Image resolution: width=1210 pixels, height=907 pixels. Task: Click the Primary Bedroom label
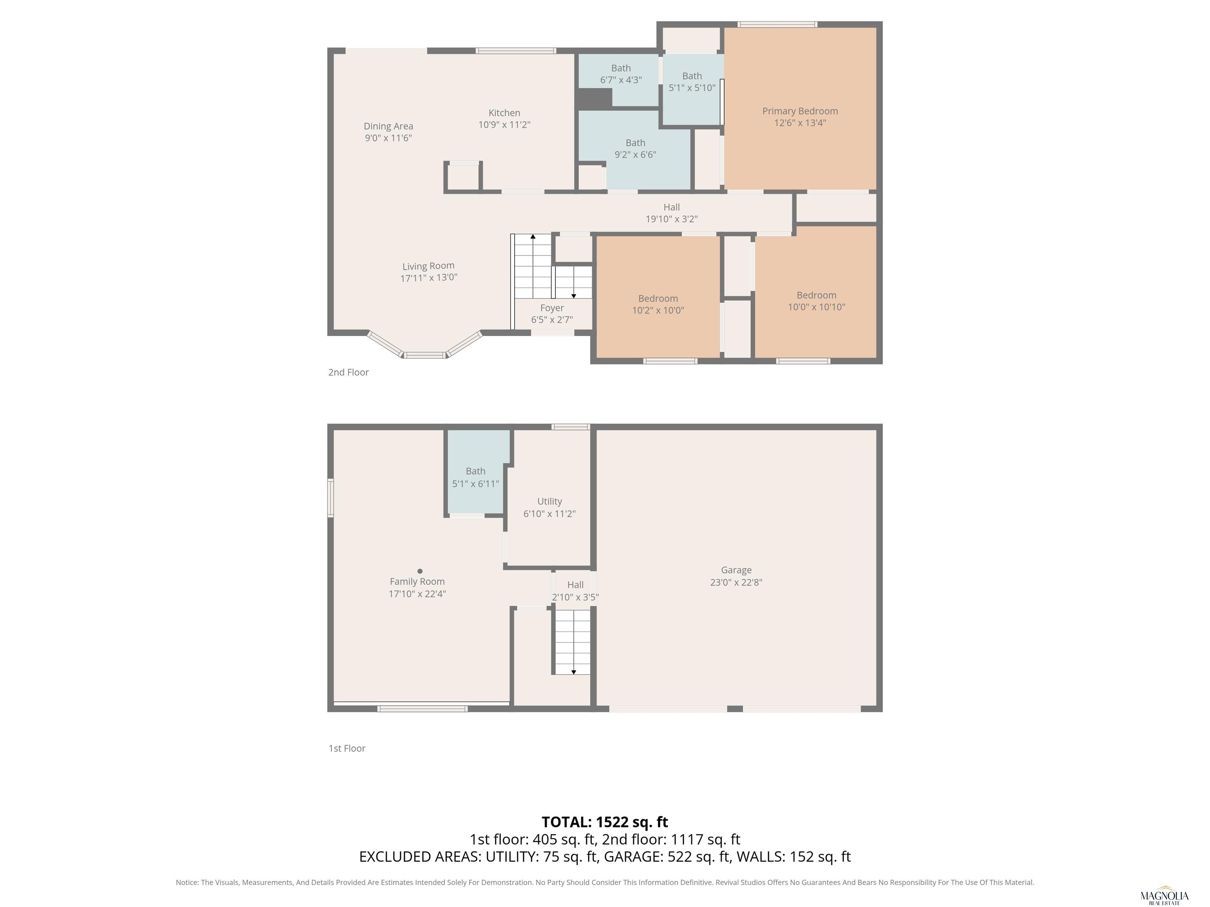coord(800,111)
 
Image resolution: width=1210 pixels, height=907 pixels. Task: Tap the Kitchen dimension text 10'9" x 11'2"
coord(504,125)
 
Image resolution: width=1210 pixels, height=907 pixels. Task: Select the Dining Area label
coord(388,126)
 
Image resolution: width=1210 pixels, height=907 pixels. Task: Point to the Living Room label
coord(428,266)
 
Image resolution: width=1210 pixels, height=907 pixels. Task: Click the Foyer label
coord(552,308)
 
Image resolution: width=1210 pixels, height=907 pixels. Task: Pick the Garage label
coord(736,570)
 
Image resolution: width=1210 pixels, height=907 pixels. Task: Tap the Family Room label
coord(418,582)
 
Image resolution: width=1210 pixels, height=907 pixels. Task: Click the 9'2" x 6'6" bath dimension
coord(636,155)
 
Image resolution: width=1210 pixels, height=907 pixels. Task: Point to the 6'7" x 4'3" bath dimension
coord(621,80)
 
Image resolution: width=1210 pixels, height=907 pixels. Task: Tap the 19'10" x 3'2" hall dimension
coord(672,219)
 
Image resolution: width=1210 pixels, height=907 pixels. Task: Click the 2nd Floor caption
coord(349,372)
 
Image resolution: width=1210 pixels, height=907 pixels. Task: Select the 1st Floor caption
coord(347,748)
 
